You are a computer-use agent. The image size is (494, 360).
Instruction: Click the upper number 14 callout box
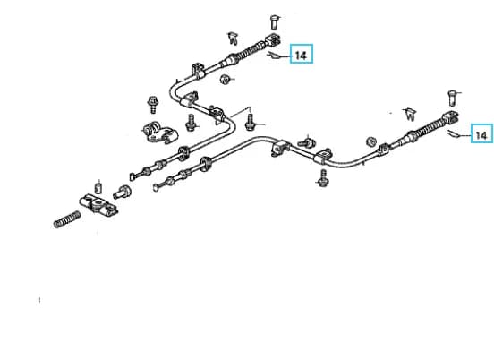point(302,54)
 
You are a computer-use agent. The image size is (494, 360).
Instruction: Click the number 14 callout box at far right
point(481,133)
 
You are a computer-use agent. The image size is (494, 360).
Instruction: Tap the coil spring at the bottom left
point(67,219)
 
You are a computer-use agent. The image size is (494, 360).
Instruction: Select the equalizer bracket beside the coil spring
point(99,205)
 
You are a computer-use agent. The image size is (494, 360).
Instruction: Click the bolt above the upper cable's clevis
point(275,21)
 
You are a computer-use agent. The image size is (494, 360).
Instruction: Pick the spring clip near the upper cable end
point(234,38)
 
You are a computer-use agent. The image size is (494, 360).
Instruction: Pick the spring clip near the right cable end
point(410,114)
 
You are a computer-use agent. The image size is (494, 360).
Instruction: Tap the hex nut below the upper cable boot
point(225,79)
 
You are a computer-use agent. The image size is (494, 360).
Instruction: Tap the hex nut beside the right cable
point(371,141)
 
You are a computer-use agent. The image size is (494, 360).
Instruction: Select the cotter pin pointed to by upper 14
point(273,56)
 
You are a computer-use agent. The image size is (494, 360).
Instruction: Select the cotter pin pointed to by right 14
point(453,133)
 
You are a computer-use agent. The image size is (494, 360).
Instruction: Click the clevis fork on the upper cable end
point(273,39)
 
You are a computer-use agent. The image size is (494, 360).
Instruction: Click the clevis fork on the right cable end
point(450,118)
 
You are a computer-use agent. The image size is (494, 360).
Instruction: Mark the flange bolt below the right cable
point(322,178)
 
